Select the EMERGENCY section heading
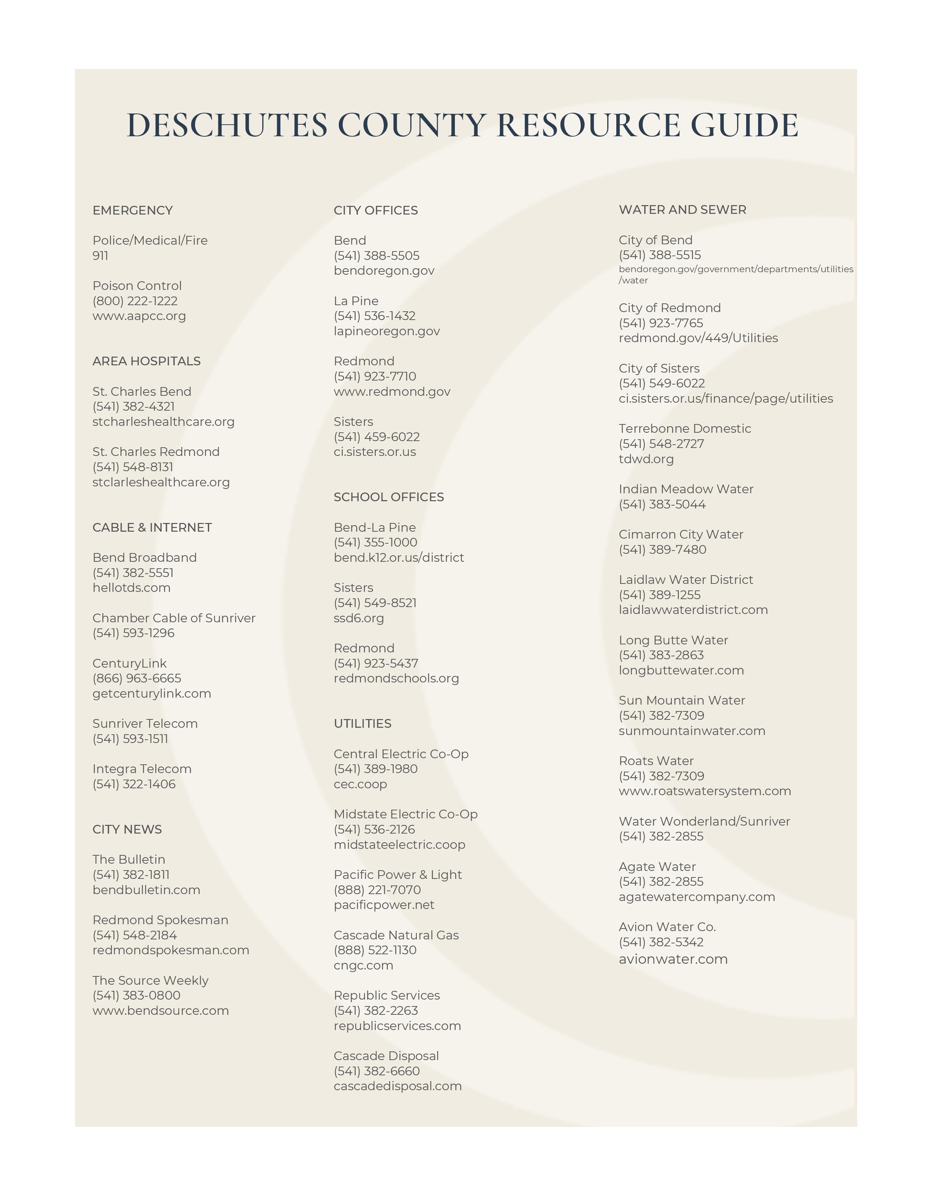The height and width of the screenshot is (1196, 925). click(133, 210)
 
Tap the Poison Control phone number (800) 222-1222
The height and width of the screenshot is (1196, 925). click(135, 301)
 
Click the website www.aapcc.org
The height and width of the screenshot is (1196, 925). click(139, 316)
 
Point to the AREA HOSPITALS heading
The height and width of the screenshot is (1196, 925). click(146, 361)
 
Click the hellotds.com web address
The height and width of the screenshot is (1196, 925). click(132, 587)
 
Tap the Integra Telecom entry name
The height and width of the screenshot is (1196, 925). click(142, 769)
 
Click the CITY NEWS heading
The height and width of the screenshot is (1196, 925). click(127, 829)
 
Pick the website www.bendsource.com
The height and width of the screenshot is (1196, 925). click(161, 1010)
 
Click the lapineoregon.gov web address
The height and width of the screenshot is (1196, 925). click(386, 331)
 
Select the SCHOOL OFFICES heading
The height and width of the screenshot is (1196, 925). click(388, 497)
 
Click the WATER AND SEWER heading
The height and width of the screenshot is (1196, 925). click(682, 210)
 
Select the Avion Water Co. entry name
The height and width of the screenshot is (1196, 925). click(667, 927)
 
